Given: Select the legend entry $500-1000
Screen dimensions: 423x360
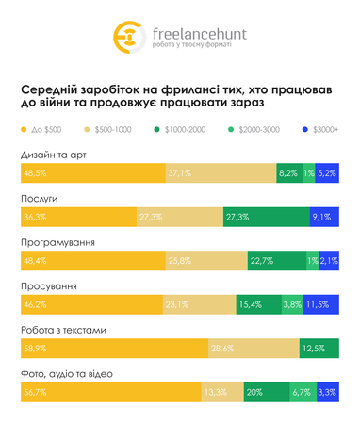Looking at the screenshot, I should tap(109, 129).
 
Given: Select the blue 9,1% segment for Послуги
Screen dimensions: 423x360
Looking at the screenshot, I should tap(323, 217).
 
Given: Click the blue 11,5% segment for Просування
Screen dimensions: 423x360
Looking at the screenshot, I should tap(321, 304).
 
